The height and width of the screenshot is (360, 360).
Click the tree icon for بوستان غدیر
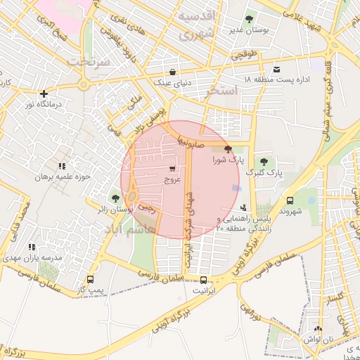(x=249, y=19)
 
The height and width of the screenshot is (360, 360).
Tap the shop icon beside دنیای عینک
(x=173, y=72)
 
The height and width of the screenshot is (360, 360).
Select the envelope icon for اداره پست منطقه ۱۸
(x=277, y=69)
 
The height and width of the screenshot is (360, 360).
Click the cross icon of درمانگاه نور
(x=44, y=94)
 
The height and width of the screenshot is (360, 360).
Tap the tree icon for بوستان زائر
(x=115, y=198)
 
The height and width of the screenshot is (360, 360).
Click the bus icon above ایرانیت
(x=203, y=278)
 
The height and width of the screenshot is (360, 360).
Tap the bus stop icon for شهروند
(x=290, y=200)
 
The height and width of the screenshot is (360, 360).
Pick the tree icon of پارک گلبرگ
(x=264, y=162)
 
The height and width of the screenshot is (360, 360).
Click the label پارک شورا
(x=228, y=160)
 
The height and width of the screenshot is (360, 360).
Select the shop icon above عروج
(x=172, y=169)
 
